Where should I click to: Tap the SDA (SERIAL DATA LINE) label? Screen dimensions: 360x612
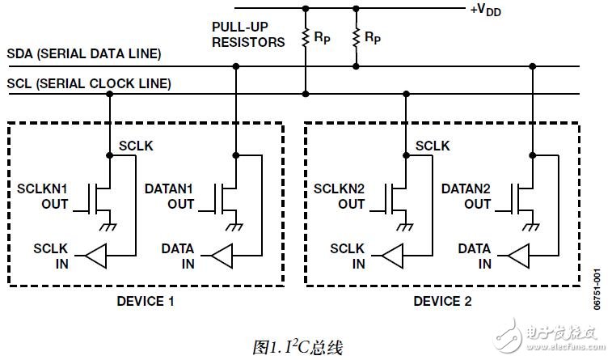(x=84, y=54)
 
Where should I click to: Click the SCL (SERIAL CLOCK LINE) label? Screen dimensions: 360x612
(x=89, y=83)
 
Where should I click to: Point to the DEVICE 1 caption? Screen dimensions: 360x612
(x=146, y=302)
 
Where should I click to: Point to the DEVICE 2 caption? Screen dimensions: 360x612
(x=442, y=302)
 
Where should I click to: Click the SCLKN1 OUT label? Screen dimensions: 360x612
(x=43, y=197)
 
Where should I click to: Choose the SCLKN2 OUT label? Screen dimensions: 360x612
(x=340, y=197)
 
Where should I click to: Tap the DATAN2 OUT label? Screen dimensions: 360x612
(x=466, y=197)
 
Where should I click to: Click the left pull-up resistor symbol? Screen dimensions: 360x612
(x=305, y=37)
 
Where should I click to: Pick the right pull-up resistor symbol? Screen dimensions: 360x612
(x=355, y=37)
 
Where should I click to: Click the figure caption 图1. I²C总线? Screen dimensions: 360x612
(x=298, y=347)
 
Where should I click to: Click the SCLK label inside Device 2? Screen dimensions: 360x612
(x=433, y=146)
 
